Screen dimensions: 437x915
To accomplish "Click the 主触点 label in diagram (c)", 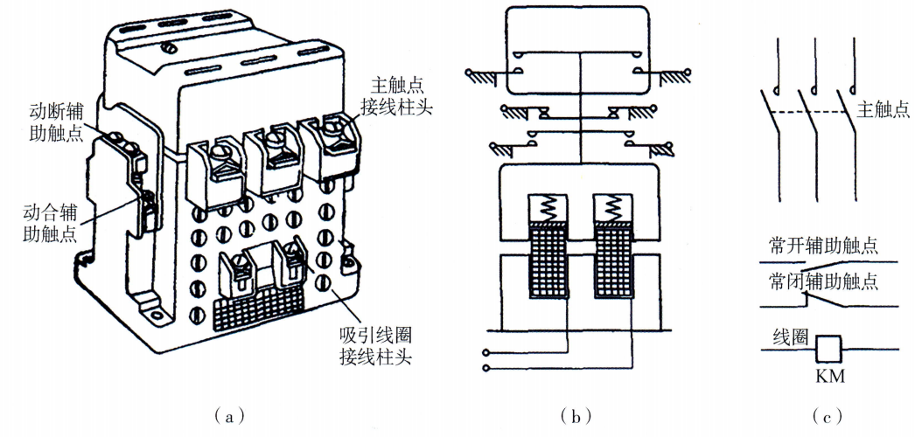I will tap(882, 109).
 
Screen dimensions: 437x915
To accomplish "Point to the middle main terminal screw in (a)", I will tap(275, 139).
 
